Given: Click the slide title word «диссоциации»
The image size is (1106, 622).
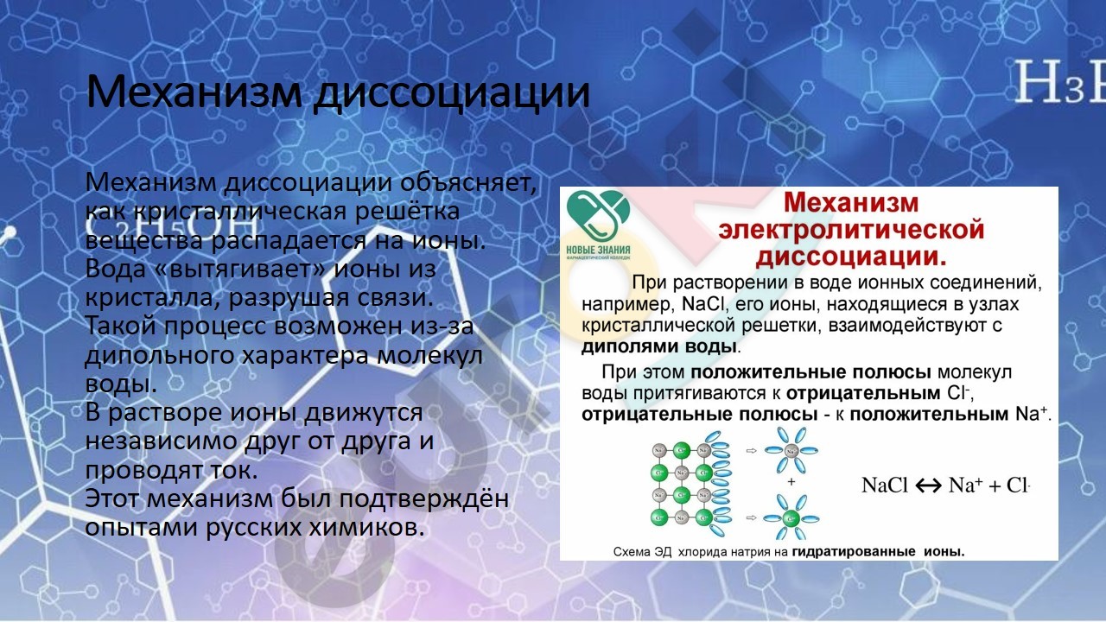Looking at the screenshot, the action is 452,93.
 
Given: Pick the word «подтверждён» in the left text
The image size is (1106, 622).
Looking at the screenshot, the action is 424,499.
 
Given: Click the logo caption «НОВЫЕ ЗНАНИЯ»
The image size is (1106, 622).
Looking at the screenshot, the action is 598,251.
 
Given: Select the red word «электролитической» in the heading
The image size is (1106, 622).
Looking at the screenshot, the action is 851,230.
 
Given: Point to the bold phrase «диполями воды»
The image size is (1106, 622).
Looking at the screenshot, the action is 659,347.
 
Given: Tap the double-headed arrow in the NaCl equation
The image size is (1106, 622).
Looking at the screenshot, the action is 928,486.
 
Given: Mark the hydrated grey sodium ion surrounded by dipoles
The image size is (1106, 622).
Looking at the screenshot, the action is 791,450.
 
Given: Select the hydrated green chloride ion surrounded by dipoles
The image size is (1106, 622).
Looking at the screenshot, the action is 791,517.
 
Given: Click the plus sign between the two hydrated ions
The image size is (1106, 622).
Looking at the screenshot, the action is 791,482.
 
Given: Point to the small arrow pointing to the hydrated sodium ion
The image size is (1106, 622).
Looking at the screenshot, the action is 752,450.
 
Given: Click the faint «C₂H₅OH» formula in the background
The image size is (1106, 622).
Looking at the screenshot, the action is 171,227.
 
